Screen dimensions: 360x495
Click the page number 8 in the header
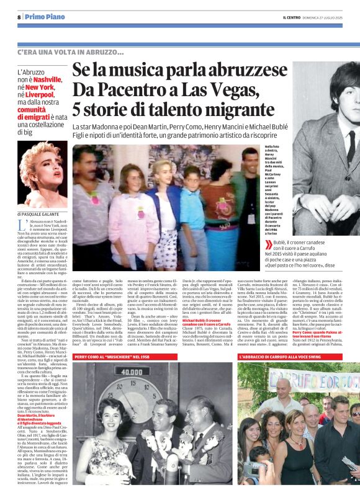(19, 17)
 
